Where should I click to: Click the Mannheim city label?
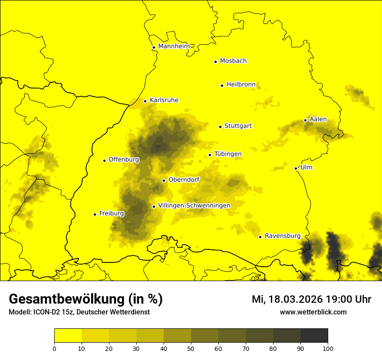(174, 46)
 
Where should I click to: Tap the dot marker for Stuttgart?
(221, 127)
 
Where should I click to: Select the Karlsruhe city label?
(164, 100)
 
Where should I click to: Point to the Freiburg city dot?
(95, 214)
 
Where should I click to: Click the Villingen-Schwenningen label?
(194, 206)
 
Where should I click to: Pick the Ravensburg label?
(282, 236)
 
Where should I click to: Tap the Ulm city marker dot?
(296, 168)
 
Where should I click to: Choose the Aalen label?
(318, 119)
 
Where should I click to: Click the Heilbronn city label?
(240, 85)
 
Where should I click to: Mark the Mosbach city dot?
(215, 62)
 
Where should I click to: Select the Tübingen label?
(227, 154)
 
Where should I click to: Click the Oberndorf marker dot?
(164, 180)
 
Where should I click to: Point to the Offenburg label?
(123, 160)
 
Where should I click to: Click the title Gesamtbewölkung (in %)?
(86, 299)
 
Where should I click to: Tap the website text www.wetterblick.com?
(313, 312)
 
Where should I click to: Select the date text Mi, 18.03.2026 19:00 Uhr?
(311, 299)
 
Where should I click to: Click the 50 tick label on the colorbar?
(191, 348)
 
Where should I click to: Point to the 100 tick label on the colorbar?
(328, 348)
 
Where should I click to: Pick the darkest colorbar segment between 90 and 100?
(314, 335)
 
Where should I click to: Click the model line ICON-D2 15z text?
(79, 312)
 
